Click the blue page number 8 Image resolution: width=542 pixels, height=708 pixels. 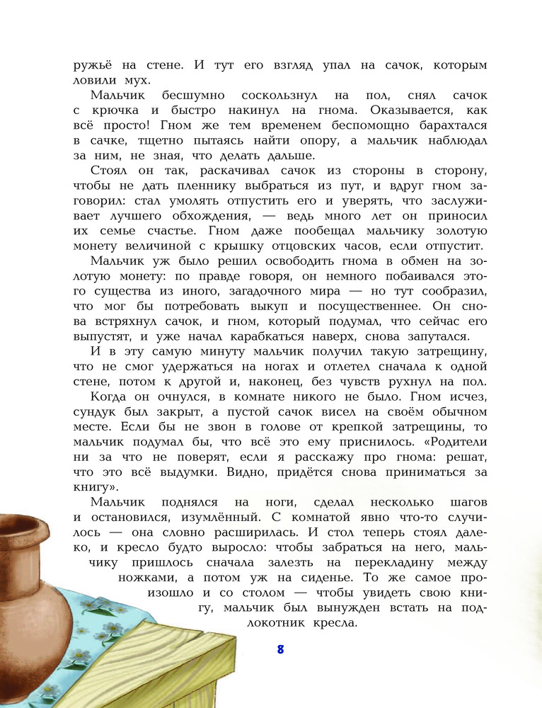[x=280, y=650]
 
